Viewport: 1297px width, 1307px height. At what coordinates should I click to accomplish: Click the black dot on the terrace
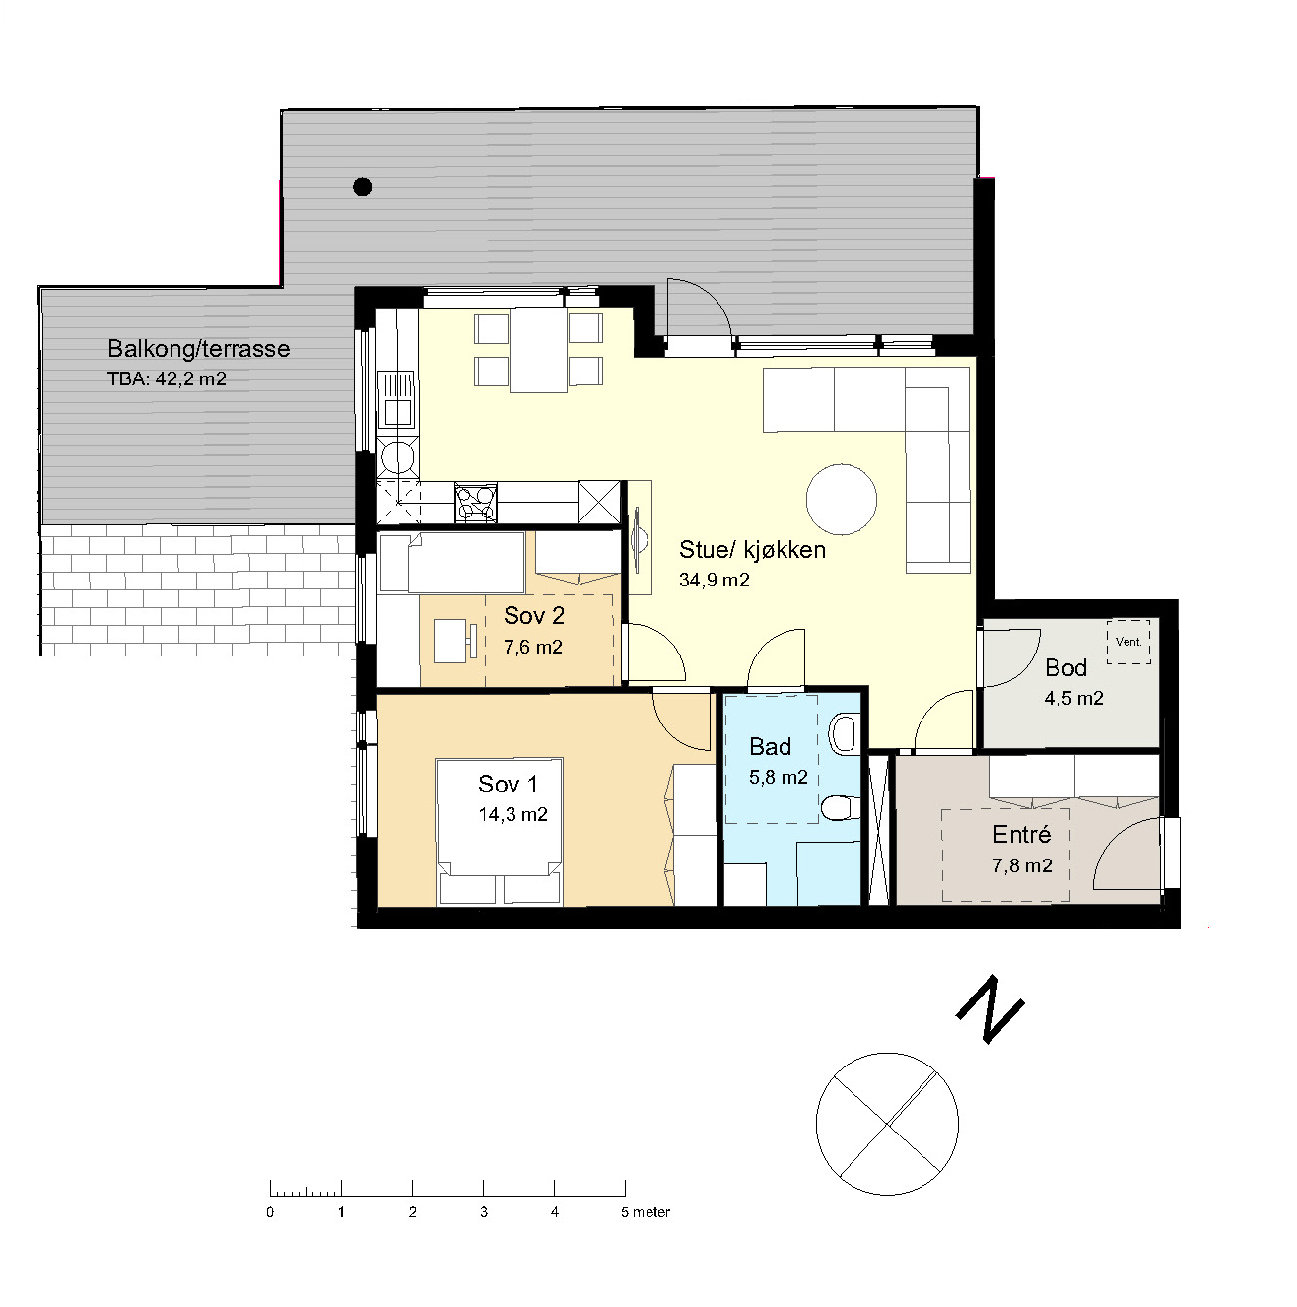point(363,186)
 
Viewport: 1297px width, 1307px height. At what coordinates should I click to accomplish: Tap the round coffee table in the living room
point(841,499)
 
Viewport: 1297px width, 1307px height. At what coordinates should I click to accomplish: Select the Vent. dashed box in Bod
point(1128,642)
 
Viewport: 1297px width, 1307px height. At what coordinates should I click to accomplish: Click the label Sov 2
point(534,615)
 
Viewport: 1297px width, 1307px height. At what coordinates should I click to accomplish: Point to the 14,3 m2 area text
point(512,814)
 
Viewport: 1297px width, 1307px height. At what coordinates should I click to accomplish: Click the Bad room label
point(770,747)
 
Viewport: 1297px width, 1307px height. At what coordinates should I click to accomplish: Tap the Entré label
point(1022,834)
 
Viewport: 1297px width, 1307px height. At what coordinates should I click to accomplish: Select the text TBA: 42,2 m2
point(167,378)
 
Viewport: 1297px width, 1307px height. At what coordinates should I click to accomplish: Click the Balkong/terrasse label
point(199,348)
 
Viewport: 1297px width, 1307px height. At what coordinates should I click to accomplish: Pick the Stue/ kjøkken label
point(752,549)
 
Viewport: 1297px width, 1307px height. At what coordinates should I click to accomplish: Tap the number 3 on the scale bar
point(484,1212)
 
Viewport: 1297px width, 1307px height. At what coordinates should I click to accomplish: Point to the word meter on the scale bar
point(651,1212)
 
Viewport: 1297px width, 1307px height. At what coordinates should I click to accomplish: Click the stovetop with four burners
point(475,503)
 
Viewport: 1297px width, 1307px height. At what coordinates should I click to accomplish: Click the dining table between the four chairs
point(538,354)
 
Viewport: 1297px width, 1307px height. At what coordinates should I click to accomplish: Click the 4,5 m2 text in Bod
point(1074,698)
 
